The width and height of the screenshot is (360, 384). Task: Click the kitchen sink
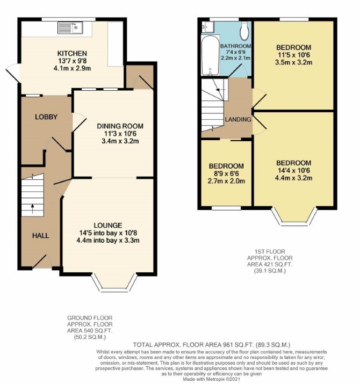pyautogui.click(x=70, y=27)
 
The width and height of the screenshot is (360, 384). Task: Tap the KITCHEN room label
pyautogui.click(x=72, y=53)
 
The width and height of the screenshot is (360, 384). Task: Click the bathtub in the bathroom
pyautogui.click(x=210, y=56)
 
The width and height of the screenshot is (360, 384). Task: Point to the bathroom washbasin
pyautogui.click(x=207, y=26)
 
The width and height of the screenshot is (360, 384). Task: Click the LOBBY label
pyautogui.click(x=46, y=117)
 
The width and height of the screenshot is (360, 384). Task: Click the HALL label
pyautogui.click(x=41, y=236)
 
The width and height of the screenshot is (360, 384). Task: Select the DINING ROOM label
pyautogui.click(x=120, y=126)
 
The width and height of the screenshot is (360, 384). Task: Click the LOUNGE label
pyautogui.click(x=108, y=226)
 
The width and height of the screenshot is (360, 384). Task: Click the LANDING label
pyautogui.click(x=238, y=119)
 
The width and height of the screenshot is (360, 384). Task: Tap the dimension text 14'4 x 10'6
pyautogui.click(x=293, y=170)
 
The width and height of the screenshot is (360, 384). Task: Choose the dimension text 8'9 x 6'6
pyautogui.click(x=226, y=173)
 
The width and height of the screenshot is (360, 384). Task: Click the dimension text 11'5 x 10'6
pyautogui.click(x=293, y=55)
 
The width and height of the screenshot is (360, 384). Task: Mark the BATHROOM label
pyautogui.click(x=235, y=46)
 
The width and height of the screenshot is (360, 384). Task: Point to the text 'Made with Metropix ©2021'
pyautogui.click(x=211, y=379)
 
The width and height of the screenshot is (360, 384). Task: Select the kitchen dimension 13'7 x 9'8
pyautogui.click(x=72, y=61)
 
